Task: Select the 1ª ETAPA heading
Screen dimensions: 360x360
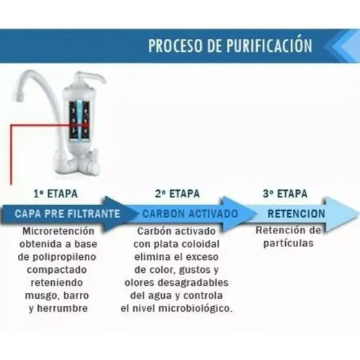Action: (55, 194)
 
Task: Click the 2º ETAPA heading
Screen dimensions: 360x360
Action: (177, 194)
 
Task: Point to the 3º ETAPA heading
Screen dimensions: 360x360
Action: (285, 194)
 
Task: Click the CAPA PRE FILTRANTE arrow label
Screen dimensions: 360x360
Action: (67, 214)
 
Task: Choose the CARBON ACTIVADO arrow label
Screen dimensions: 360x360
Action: (190, 214)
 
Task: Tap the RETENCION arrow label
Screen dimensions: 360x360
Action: (296, 214)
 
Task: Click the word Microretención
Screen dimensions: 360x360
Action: (58, 231)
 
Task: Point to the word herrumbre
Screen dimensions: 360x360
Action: (63, 308)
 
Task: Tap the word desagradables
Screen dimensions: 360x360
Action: (193, 283)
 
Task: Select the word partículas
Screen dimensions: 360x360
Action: (289, 243)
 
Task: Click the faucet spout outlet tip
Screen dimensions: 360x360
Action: (18, 96)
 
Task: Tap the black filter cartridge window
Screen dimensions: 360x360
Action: (79, 120)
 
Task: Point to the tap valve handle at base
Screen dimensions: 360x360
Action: (91, 160)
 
